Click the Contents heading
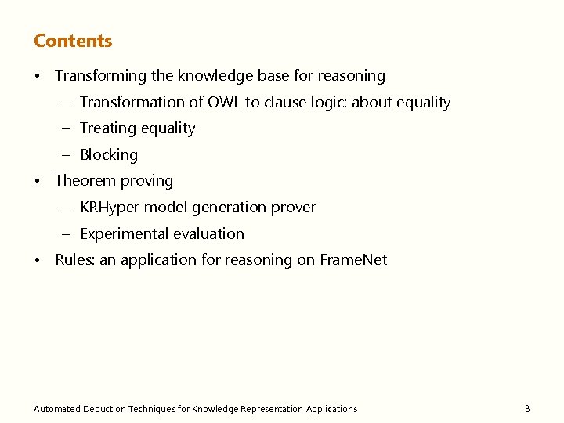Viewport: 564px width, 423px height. tap(73, 41)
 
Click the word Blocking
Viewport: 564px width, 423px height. tap(109, 155)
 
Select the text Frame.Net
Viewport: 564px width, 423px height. tap(353, 260)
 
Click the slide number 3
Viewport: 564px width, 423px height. tap(527, 408)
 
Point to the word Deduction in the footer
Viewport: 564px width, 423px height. tap(104, 409)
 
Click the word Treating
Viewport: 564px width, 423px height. tap(109, 128)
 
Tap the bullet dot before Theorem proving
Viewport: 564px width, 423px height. tap(38, 182)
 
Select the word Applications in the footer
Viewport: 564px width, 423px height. tap(332, 409)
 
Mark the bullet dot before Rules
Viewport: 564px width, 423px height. tap(38, 261)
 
